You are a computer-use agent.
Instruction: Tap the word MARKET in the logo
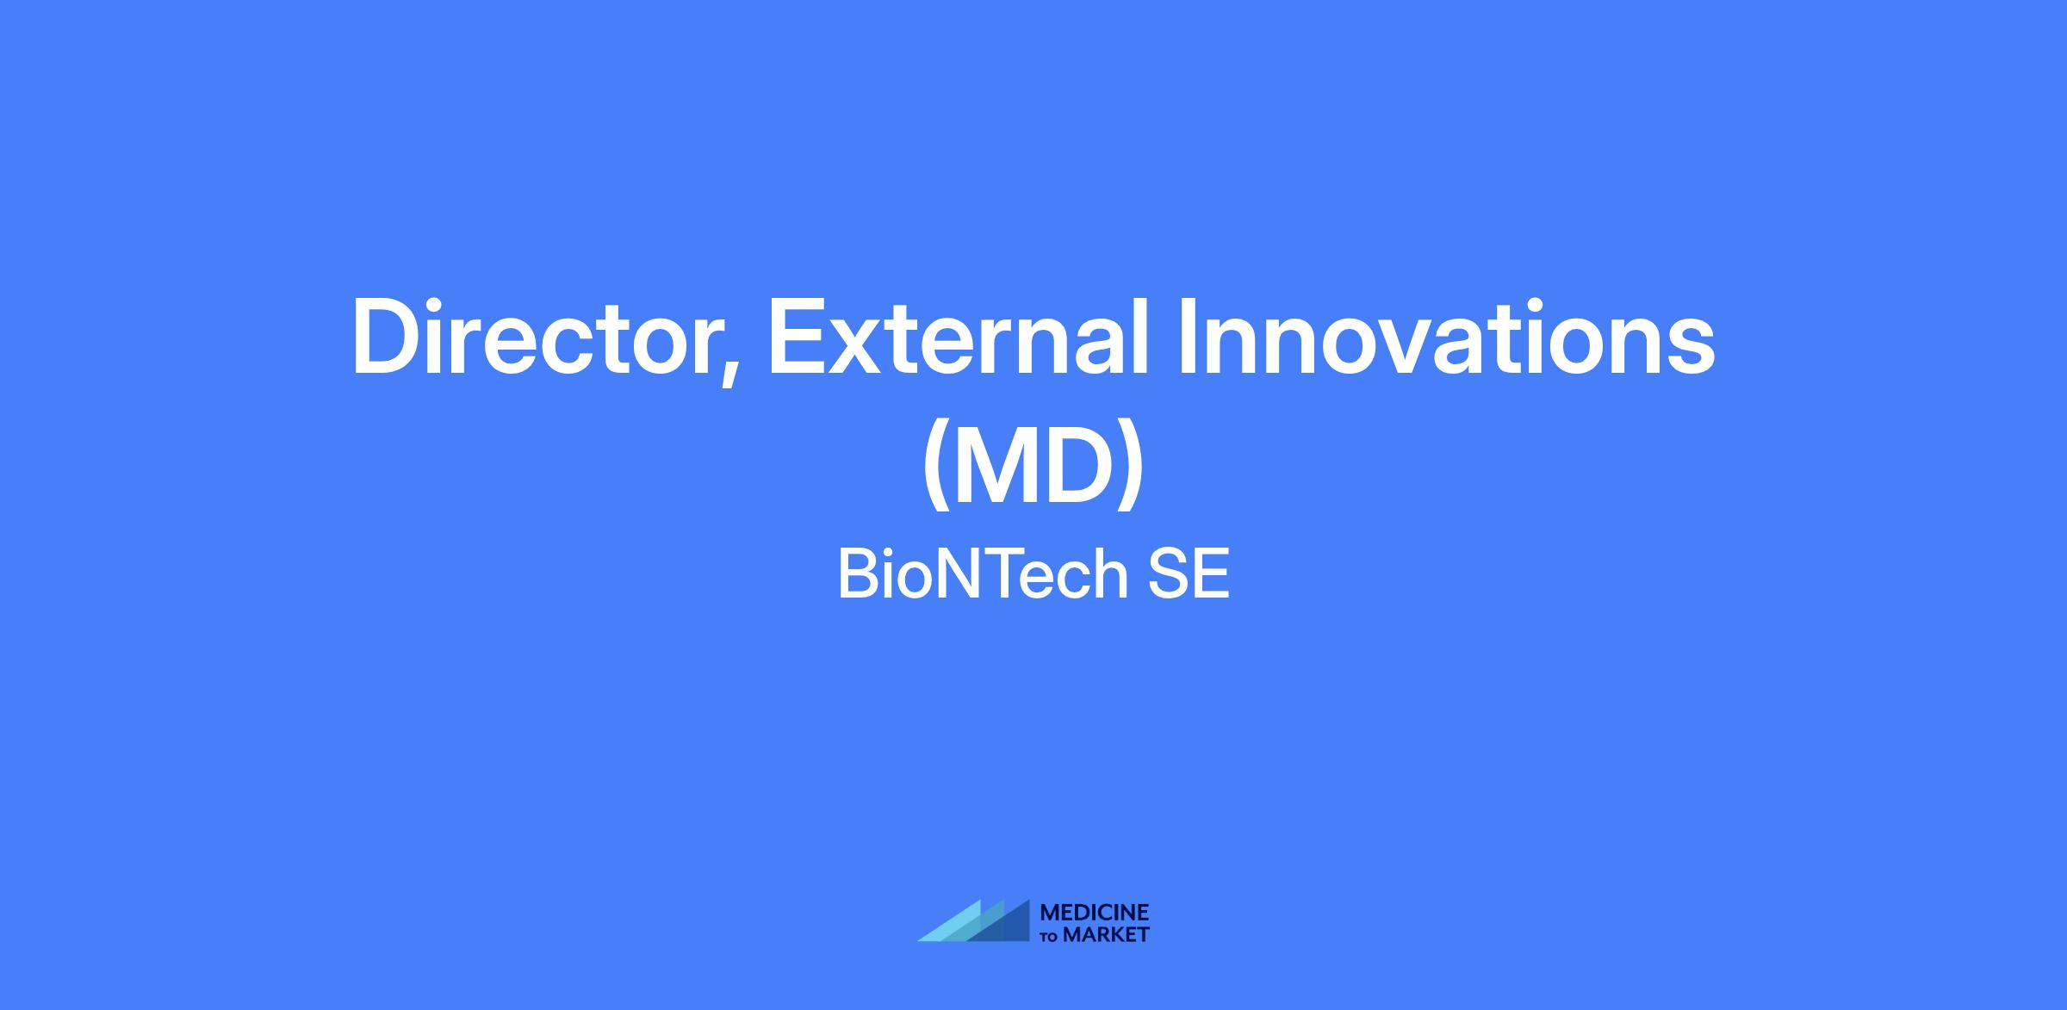(x=1107, y=934)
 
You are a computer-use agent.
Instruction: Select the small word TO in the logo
(x=1051, y=936)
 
